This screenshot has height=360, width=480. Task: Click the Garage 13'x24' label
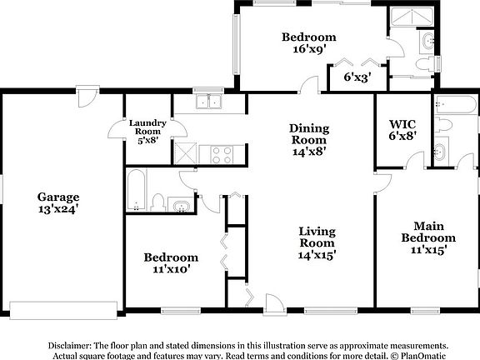point(58,203)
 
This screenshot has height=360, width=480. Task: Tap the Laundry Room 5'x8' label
point(147,132)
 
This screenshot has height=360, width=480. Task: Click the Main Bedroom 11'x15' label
point(428,237)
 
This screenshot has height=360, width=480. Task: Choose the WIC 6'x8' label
point(402,128)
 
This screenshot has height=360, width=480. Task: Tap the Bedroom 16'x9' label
point(308,42)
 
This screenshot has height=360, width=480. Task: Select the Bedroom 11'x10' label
point(170,262)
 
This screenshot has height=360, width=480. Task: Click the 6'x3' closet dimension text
point(357,77)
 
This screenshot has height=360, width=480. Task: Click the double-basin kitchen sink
point(208,102)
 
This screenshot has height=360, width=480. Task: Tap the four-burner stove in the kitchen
point(221,153)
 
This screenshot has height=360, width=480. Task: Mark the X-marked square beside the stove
point(187,152)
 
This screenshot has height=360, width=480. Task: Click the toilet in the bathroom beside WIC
point(444,125)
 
